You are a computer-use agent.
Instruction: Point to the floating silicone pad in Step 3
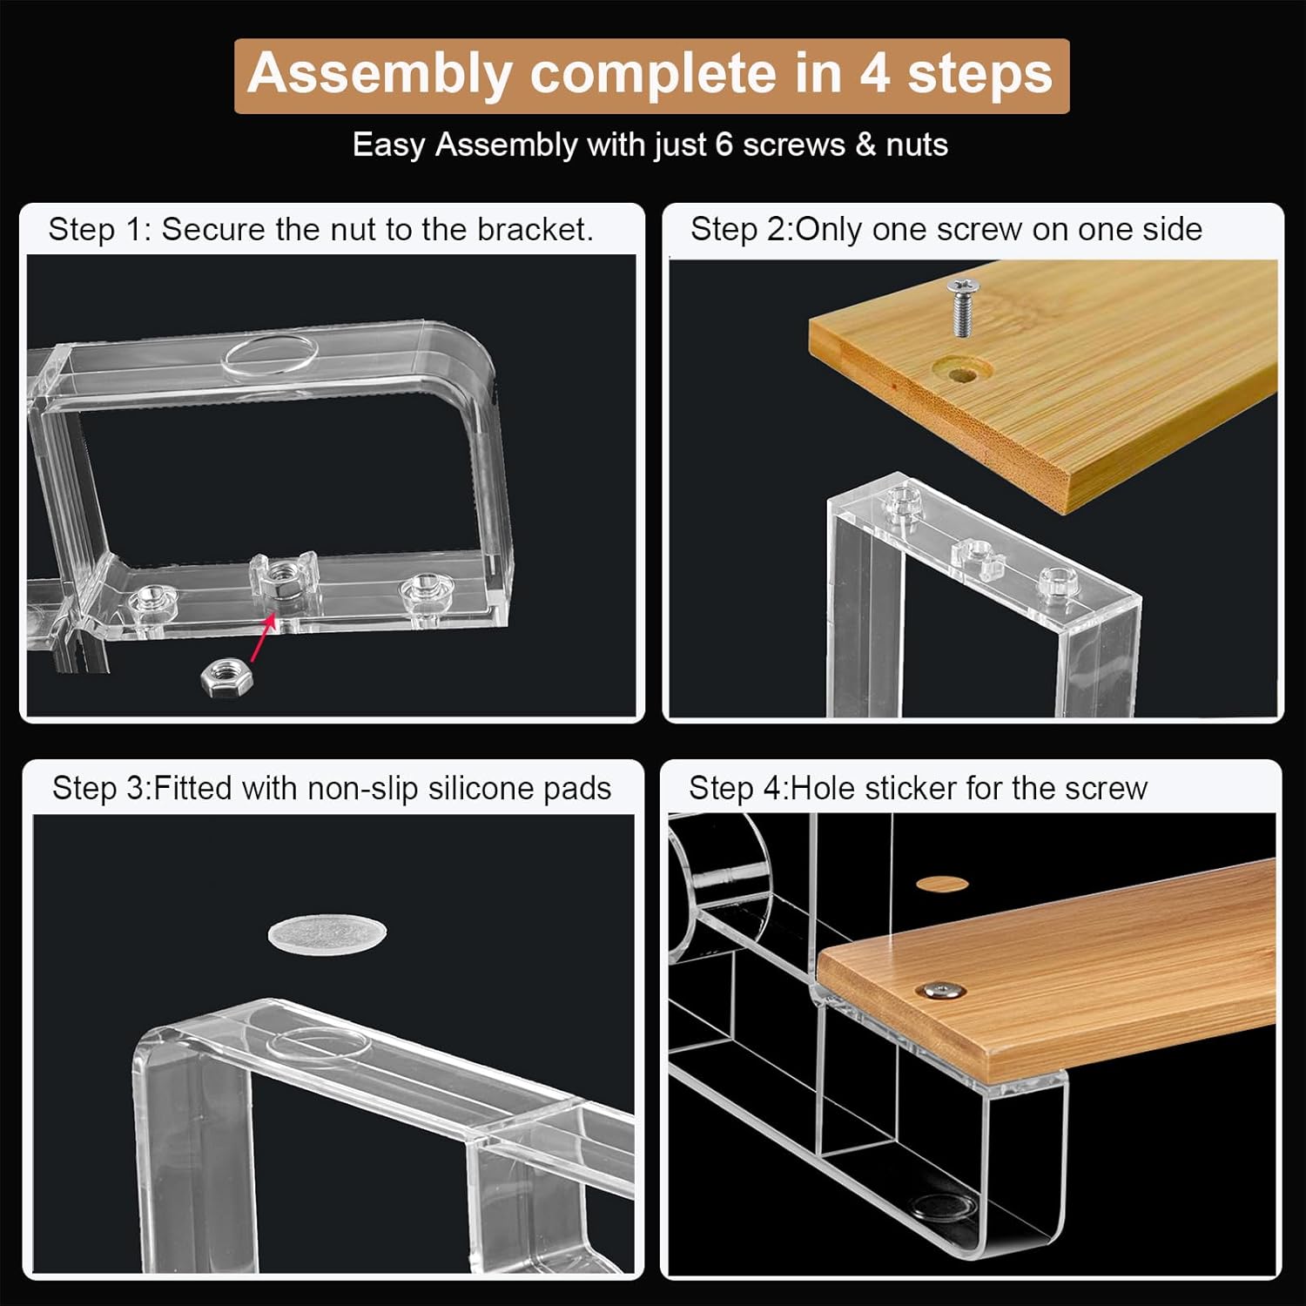coord(326,933)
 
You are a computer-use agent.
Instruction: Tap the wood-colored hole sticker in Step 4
coord(942,885)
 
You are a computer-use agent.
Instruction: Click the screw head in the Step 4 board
coord(945,990)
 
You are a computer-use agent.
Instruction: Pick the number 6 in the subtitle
coord(724,145)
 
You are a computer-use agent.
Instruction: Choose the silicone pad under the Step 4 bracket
coord(944,1207)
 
